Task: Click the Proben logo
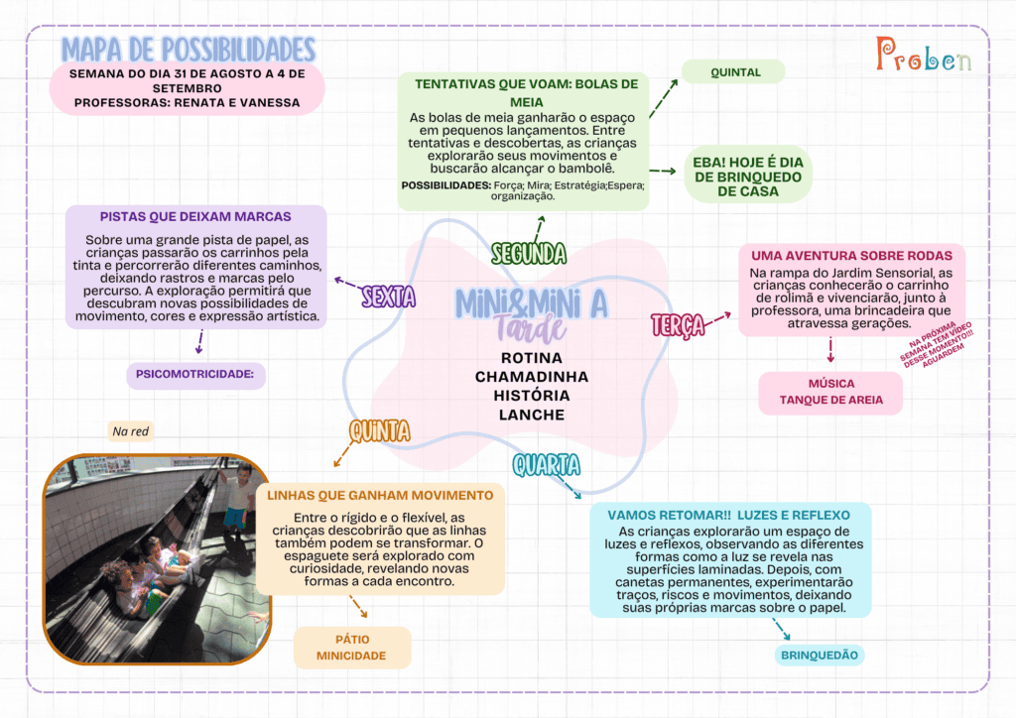924,55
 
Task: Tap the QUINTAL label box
733,71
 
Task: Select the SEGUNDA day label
529,253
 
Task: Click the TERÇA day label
678,325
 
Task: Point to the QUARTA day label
547,465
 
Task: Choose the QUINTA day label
380,431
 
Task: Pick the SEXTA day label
389,297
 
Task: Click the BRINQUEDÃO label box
819,656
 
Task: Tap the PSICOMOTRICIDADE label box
195,374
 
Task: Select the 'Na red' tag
130,431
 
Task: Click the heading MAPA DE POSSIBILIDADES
189,50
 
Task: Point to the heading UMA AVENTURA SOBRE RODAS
851,256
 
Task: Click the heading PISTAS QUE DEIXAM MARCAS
195,217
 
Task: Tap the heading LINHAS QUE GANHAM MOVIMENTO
380,495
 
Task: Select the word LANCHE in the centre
532,415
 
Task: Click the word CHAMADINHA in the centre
532,377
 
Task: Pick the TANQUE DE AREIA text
830,400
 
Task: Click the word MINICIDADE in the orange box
351,656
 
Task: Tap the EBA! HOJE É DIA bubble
748,177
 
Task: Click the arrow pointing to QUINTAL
664,98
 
